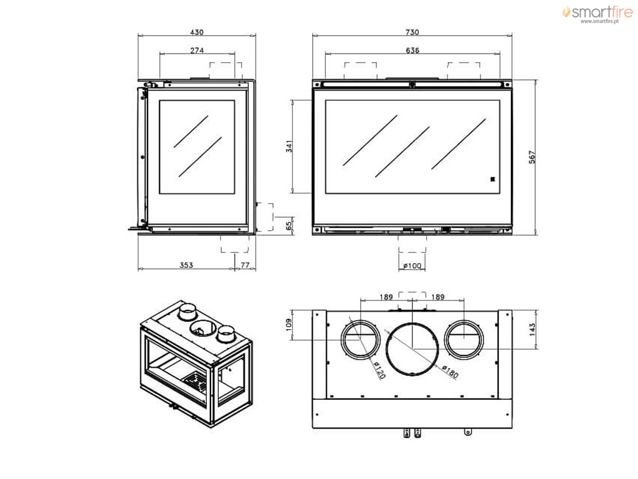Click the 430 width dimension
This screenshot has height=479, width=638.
pyautogui.click(x=197, y=32)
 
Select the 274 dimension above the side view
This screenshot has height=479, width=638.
pyautogui.click(x=197, y=50)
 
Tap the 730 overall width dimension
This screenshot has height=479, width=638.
pyautogui.click(x=412, y=32)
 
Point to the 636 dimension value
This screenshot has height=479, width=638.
pyautogui.click(x=412, y=50)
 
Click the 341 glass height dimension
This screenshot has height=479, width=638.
pyautogui.click(x=289, y=147)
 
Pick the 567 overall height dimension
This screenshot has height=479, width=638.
pyautogui.click(x=532, y=157)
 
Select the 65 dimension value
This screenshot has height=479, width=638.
pyautogui.click(x=289, y=226)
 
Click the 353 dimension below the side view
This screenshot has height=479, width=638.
pyautogui.click(x=186, y=265)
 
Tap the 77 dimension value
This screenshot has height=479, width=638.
pyautogui.click(x=245, y=265)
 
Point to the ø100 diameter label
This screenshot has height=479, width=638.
pyautogui.click(x=412, y=266)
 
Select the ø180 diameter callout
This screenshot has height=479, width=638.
pyautogui.click(x=450, y=372)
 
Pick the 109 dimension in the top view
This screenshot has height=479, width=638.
pyautogui.click(x=289, y=324)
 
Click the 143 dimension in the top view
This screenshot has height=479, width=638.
pyautogui.click(x=532, y=329)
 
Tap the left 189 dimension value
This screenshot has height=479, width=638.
pyautogui.click(x=386, y=297)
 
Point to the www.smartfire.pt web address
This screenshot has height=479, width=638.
pyautogui.click(x=599, y=21)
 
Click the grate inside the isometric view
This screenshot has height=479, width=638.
pyautogui.click(x=196, y=382)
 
